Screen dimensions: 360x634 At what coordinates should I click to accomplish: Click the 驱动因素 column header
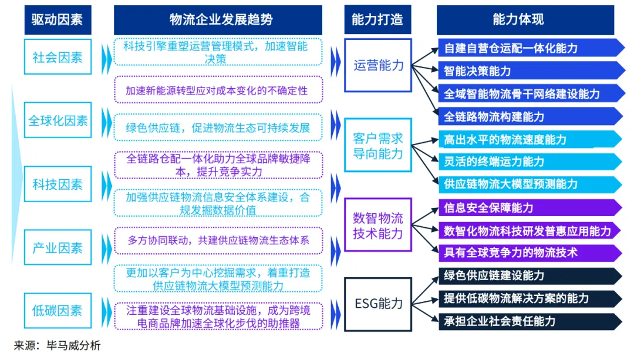(58, 19)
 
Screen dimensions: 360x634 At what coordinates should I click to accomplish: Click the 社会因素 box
(58, 57)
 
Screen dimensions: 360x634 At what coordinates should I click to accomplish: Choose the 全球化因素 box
(58, 120)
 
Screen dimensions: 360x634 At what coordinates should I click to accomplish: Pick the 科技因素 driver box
(58, 184)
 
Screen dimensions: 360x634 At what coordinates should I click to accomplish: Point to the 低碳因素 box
(58, 311)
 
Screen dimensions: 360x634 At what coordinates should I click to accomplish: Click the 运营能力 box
(378, 65)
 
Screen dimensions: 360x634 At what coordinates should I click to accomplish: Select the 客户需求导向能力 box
(378, 146)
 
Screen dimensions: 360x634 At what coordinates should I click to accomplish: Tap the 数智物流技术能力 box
(378, 226)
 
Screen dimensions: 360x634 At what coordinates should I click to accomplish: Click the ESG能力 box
(378, 304)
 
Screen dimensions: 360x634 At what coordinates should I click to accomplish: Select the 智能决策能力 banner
(528, 71)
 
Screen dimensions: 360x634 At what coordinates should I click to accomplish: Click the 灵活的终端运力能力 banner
(528, 162)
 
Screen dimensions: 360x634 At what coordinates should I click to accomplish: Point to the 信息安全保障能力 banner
(528, 208)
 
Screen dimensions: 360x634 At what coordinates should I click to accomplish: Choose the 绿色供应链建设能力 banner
(528, 276)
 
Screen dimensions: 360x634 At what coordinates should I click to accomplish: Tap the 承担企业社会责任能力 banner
(528, 321)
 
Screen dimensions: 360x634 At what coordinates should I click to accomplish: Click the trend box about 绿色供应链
(218, 127)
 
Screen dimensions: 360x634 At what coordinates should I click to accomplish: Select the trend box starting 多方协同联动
(218, 240)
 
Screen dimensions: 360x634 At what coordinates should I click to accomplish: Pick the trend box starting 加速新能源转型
(218, 91)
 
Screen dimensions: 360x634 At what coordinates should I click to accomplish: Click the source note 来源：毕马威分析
(58, 345)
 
